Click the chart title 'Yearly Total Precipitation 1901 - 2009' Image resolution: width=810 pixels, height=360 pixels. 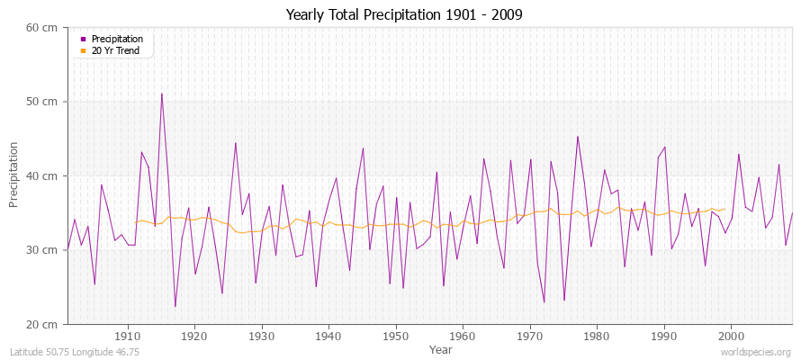coord(404,14)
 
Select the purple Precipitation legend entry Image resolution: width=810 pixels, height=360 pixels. coord(116,40)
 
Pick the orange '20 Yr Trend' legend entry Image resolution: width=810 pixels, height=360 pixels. coord(116,50)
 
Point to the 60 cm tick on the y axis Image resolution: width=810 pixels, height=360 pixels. coord(43,28)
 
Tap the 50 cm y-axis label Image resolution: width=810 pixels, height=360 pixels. coord(43,102)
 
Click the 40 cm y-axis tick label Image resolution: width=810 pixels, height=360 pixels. coord(43,175)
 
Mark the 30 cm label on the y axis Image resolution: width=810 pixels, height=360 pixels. coord(43,250)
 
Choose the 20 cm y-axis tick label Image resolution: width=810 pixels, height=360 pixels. coord(43,324)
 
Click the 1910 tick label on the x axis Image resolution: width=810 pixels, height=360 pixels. coord(127,336)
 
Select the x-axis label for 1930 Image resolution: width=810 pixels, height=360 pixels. coord(261,336)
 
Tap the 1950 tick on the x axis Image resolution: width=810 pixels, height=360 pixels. coord(395,336)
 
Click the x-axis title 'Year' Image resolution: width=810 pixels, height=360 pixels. coord(441,348)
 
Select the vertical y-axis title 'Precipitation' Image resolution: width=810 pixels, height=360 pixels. coord(14,175)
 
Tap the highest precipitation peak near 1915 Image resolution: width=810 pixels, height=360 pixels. coord(161,94)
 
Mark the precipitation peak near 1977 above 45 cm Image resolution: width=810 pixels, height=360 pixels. coord(578,137)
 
